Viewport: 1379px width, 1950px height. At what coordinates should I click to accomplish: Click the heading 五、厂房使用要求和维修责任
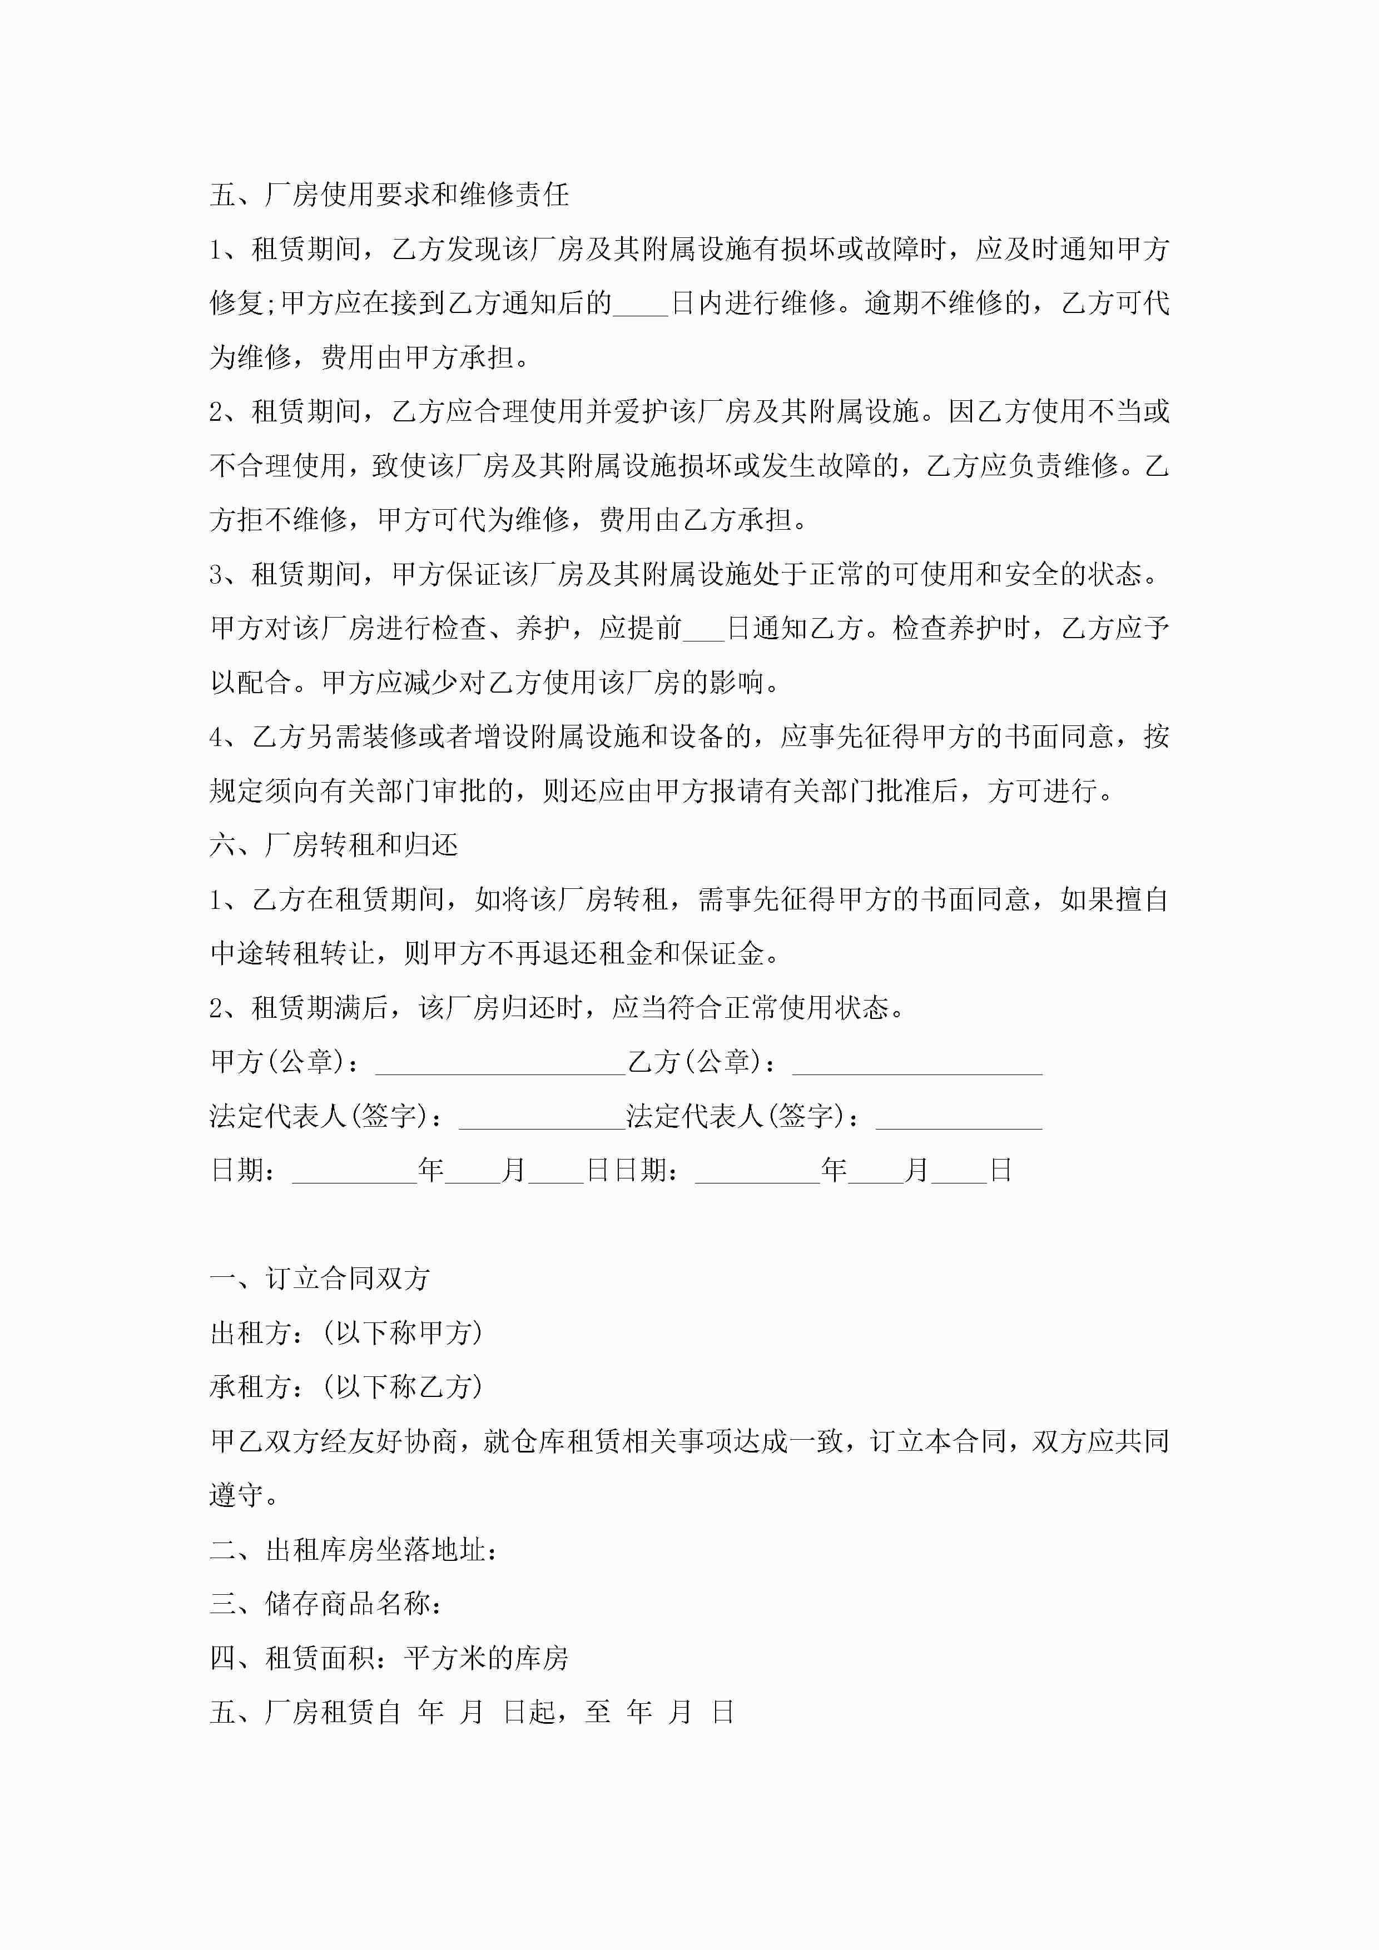click(389, 195)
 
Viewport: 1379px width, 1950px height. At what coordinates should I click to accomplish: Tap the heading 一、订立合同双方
click(320, 1278)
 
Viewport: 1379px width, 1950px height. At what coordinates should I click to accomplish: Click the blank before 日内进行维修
click(641, 304)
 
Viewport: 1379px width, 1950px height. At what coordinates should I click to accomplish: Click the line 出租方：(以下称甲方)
click(346, 1332)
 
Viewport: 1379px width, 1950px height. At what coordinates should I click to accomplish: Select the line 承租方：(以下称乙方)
click(346, 1387)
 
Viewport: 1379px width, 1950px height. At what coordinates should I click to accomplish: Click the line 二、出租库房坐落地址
click(354, 1550)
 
